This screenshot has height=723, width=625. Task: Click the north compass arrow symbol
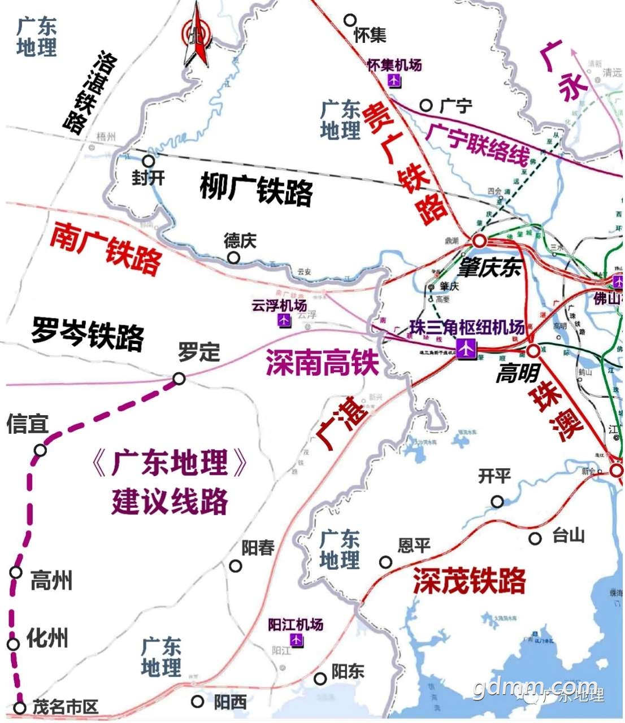(x=196, y=35)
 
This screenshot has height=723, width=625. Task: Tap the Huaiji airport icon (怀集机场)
(x=394, y=81)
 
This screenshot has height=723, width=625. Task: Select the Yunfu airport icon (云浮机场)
(x=284, y=320)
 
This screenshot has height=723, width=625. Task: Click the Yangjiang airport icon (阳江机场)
(x=296, y=640)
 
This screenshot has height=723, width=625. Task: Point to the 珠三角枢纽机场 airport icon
(x=466, y=349)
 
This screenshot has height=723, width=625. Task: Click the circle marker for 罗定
(x=179, y=378)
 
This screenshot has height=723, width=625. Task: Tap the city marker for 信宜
(x=40, y=450)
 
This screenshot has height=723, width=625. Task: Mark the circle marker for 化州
(x=14, y=644)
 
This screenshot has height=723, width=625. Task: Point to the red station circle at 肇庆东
(x=480, y=241)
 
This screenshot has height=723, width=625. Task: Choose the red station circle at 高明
(x=533, y=351)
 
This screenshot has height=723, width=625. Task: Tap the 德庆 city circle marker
(x=233, y=258)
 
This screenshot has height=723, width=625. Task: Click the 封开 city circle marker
(x=148, y=162)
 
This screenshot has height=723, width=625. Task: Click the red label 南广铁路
(x=106, y=249)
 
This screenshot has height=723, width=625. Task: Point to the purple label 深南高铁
(x=322, y=362)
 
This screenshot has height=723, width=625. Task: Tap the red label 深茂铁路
(x=469, y=581)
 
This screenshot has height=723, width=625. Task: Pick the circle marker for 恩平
(x=385, y=562)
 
